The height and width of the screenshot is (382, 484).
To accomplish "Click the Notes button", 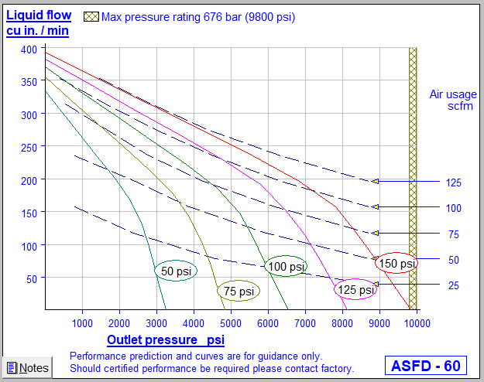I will click(x=27, y=368).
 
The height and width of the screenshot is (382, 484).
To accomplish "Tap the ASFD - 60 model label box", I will click(x=425, y=365).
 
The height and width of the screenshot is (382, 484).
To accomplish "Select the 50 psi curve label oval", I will click(x=176, y=271).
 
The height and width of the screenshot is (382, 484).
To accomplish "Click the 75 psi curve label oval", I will click(x=238, y=292).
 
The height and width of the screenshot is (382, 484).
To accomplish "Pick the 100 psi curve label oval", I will click(x=286, y=267).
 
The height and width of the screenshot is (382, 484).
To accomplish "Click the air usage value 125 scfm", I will click(x=454, y=182).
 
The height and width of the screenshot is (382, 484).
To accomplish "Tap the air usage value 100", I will click(x=454, y=208).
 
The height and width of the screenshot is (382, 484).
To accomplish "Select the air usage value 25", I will click(x=454, y=285).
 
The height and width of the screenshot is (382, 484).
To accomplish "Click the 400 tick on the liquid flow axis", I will click(x=29, y=49).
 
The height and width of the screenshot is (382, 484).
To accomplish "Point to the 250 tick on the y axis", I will click(x=29, y=148).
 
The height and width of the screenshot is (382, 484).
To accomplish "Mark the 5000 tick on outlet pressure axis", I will click(x=231, y=323).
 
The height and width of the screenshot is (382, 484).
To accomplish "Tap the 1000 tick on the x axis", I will click(x=82, y=323).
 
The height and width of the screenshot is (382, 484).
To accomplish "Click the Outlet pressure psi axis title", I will click(x=166, y=339).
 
